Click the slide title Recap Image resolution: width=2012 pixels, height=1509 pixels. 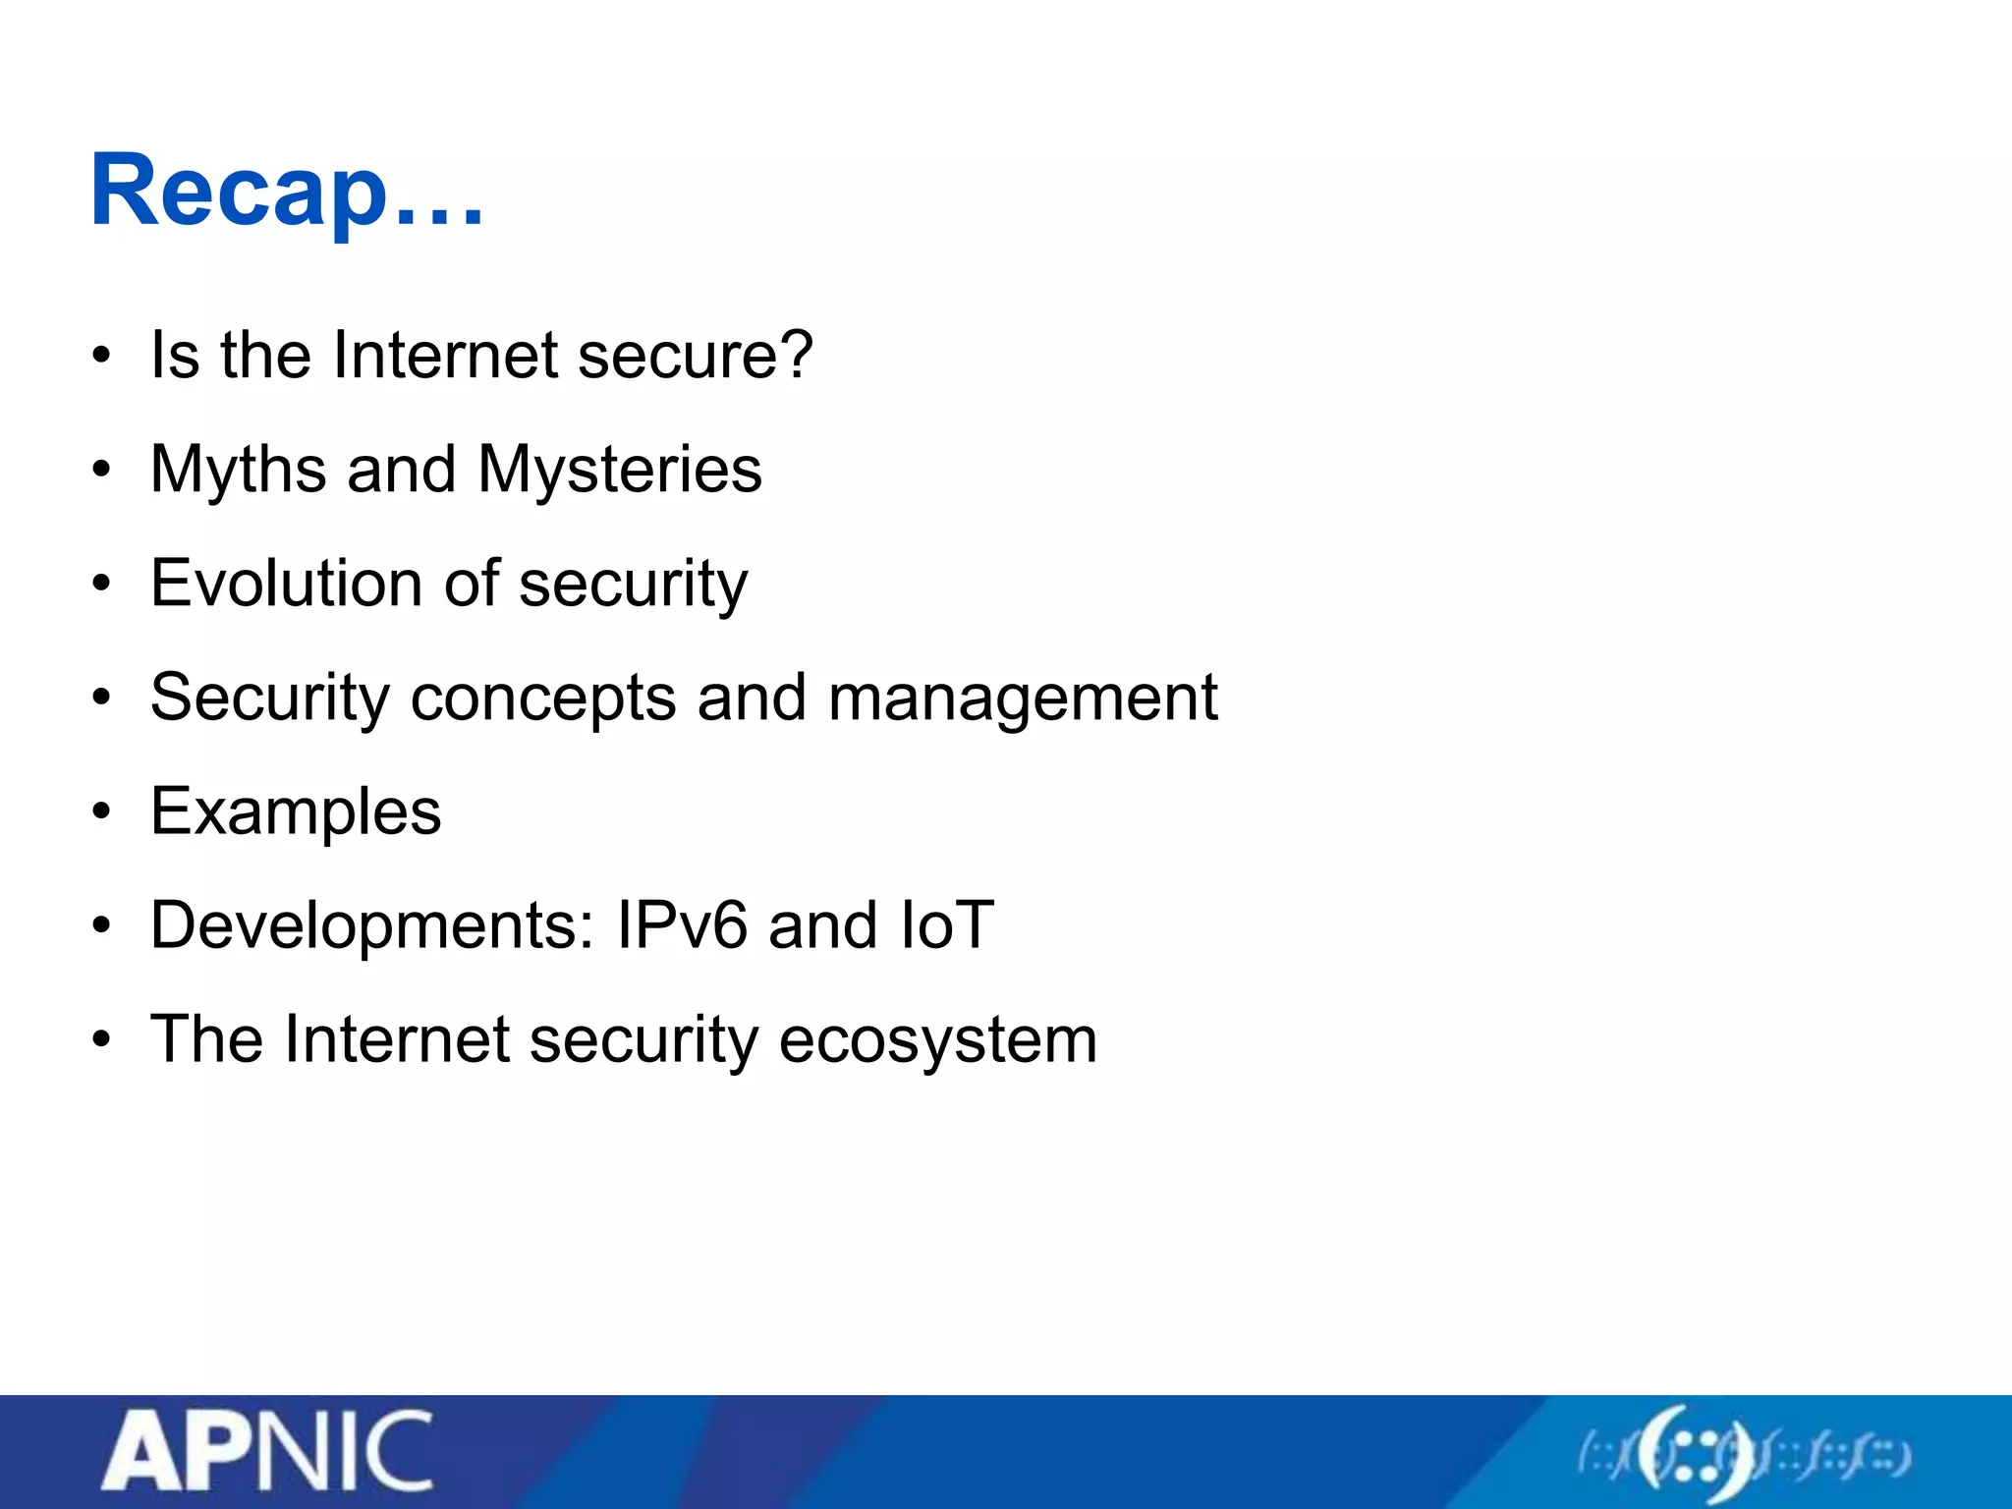(240, 191)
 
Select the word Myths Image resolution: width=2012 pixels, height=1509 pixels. (237, 470)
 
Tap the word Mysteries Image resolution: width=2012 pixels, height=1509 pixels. (620, 470)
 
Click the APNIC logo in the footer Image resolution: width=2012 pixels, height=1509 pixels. (267, 1451)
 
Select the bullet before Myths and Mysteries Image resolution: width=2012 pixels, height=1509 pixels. (102, 471)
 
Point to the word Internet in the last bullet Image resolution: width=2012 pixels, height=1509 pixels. (397, 1039)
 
